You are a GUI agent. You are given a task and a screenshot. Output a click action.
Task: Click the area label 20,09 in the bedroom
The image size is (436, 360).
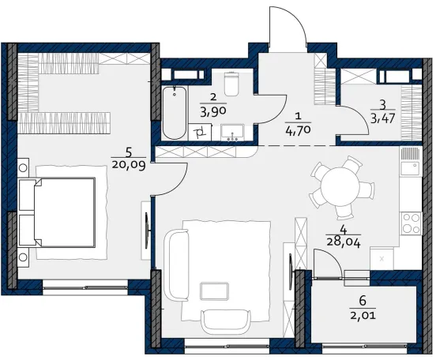coord(129,166)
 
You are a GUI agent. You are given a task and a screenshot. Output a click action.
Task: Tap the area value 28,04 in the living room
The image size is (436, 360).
coord(344,243)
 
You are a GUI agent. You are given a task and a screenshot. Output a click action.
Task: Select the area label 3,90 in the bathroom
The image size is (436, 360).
coord(212,112)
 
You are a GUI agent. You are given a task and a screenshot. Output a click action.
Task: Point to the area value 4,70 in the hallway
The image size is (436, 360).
coord(298,130)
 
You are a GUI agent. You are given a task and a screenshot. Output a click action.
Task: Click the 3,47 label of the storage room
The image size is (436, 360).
coord(382,118)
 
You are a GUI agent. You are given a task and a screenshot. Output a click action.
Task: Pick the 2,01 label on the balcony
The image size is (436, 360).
coord(363,316)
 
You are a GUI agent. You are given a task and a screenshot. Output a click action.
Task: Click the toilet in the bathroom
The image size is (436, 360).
coord(231,84)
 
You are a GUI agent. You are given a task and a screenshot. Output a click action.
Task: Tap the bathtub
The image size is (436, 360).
coord(175,113)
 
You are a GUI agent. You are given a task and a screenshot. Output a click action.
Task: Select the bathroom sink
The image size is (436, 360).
coord(232,133)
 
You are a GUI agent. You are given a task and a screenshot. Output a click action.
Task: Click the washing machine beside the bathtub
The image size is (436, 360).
coord(200,133)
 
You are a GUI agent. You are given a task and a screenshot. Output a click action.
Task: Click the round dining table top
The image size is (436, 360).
coord(340,186)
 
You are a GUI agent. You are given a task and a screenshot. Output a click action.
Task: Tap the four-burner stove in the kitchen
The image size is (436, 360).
coord(410,223)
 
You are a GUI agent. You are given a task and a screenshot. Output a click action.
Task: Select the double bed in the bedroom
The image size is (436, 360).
coord(58,212)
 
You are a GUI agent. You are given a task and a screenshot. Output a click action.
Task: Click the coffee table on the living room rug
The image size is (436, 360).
coord(214,291)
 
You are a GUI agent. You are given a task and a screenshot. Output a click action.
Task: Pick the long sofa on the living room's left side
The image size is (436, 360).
coord(177,265)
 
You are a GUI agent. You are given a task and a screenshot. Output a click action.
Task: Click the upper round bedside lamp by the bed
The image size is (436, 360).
coord(23,168)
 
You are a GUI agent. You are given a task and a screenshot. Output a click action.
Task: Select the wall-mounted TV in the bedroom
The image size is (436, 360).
coord(148,231)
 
